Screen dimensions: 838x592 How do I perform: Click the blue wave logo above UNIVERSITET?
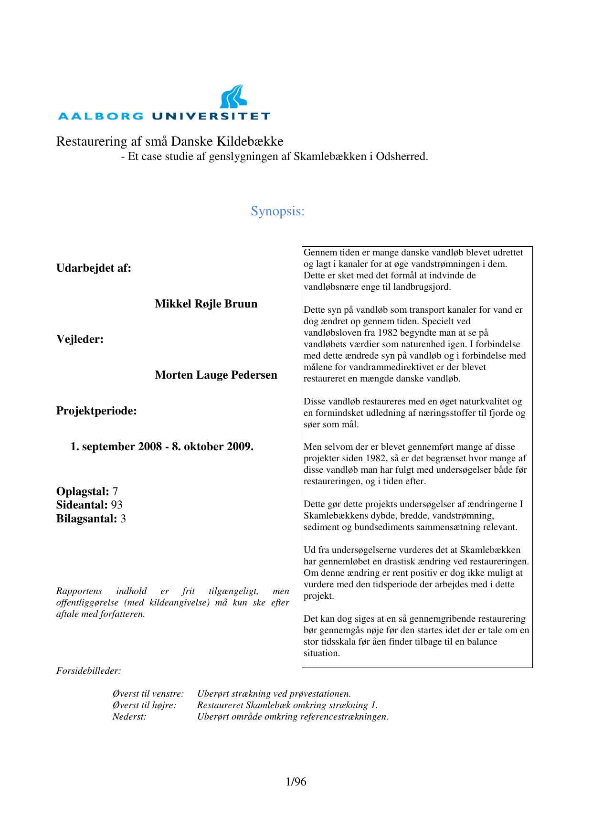pyautogui.click(x=233, y=97)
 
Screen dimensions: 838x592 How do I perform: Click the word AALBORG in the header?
pyautogui.click(x=101, y=116)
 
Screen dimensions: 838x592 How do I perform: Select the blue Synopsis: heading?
pyautogui.click(x=277, y=211)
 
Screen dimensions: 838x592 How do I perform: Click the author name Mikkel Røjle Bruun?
pyautogui.click(x=206, y=304)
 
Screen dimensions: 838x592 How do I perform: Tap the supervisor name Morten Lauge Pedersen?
pyautogui.click(x=216, y=375)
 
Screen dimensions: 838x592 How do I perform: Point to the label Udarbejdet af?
pyautogui.click(x=94, y=268)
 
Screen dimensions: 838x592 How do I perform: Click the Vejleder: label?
pyautogui.click(x=80, y=339)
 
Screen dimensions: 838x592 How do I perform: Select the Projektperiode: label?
pyautogui.click(x=96, y=411)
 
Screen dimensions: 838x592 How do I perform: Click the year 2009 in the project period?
pyautogui.click(x=238, y=446)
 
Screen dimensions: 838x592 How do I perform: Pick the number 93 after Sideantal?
pyautogui.click(x=116, y=505)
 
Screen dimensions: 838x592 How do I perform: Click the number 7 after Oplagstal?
pyautogui.click(x=115, y=491)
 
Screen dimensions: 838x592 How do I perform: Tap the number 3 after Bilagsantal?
pyautogui.click(x=123, y=519)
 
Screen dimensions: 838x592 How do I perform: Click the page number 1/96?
pyautogui.click(x=296, y=782)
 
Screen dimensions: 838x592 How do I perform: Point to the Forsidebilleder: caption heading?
pyautogui.click(x=89, y=671)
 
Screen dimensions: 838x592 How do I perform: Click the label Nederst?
pyautogui.click(x=129, y=717)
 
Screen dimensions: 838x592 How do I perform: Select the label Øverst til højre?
pyautogui.click(x=144, y=705)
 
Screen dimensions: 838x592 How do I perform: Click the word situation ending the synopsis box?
pyautogui.click(x=321, y=653)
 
